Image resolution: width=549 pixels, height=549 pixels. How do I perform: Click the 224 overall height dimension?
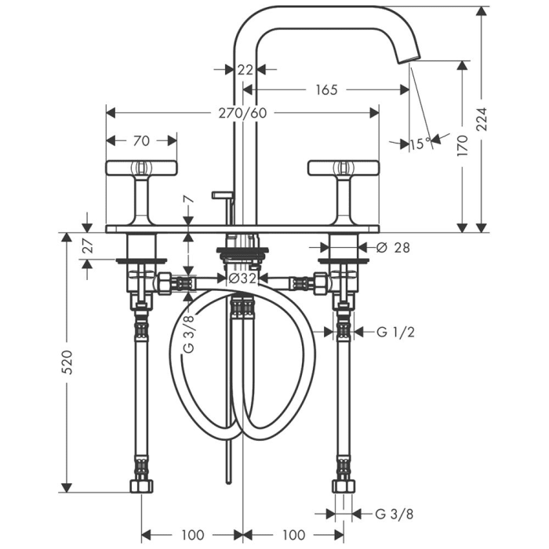[x=482, y=119]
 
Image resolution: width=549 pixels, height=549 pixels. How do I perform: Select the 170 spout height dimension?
[x=463, y=145]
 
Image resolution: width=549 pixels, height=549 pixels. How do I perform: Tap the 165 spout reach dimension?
[x=326, y=90]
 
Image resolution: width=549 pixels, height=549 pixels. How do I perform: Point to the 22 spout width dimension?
[x=245, y=70]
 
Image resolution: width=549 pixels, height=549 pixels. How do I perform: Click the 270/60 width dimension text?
[x=242, y=113]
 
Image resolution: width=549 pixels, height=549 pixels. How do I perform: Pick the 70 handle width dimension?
[x=141, y=140]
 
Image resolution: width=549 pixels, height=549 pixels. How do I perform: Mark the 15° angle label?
[x=421, y=144]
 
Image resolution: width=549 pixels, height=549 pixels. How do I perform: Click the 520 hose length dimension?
[x=67, y=362]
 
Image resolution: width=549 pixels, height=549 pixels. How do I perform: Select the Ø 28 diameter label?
[x=393, y=248]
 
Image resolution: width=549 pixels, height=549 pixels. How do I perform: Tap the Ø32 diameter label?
[x=242, y=278]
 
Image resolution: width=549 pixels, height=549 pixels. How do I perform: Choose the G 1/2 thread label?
[x=395, y=331]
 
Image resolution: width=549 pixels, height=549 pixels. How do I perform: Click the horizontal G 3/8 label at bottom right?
[x=394, y=514]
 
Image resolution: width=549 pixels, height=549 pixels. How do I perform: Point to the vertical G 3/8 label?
[x=189, y=333]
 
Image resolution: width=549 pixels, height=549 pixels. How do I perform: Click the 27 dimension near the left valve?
[x=89, y=245]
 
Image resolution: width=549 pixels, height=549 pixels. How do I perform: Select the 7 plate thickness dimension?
[x=189, y=199]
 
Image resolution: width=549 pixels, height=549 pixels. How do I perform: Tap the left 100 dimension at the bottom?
[x=193, y=535]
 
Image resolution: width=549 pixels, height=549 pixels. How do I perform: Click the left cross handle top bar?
[x=141, y=168]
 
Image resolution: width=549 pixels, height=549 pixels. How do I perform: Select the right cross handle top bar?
[x=344, y=168]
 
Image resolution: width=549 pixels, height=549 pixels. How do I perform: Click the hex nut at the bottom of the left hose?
[x=141, y=486]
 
